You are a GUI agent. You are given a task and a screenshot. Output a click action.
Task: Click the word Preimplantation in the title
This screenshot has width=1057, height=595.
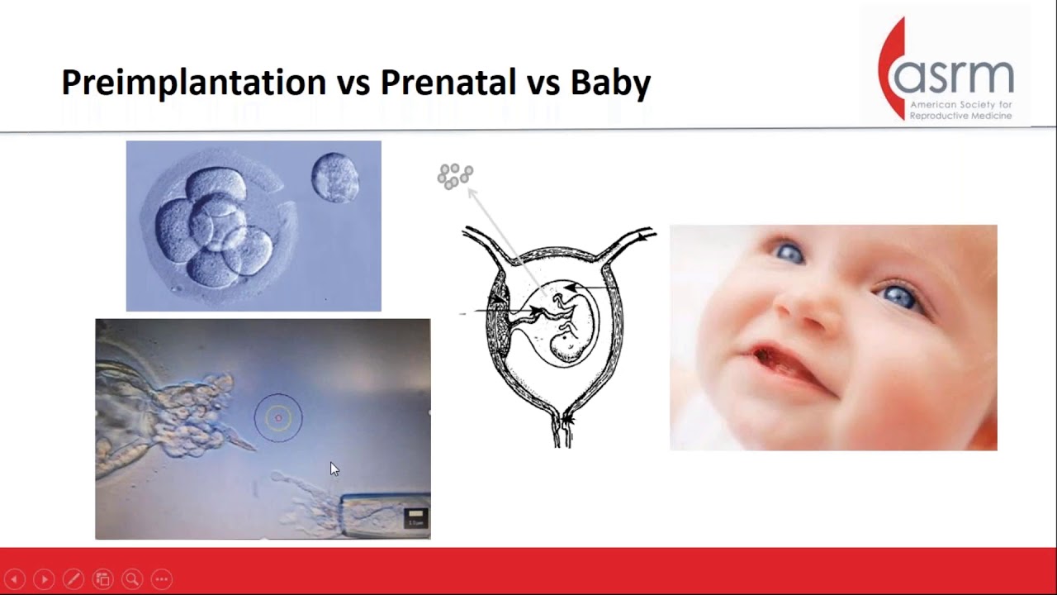tap(193, 83)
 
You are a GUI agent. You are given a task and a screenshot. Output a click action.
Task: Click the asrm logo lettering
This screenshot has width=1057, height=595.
tap(954, 77)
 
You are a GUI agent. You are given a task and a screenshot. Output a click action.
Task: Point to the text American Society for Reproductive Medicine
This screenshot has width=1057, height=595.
tap(960, 111)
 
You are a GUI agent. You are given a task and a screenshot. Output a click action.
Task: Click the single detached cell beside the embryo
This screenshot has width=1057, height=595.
tap(334, 178)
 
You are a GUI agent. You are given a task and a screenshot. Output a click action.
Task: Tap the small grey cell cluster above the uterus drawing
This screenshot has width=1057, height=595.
tap(455, 176)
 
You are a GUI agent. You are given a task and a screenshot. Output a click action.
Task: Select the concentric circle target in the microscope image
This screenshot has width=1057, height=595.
tap(278, 418)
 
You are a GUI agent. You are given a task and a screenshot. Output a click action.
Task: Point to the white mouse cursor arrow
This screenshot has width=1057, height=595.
tap(334, 469)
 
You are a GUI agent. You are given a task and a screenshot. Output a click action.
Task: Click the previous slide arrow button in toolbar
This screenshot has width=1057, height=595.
tap(14, 579)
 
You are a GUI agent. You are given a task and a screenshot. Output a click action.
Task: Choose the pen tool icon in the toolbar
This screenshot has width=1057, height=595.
tap(73, 579)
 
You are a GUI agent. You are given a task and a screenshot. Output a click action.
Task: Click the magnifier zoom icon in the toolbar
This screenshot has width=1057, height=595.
tap(132, 579)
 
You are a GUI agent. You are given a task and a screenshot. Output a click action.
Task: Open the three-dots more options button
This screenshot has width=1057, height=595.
tap(162, 579)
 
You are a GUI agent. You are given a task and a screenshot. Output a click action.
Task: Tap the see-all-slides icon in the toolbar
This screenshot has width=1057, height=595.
tap(102, 579)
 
